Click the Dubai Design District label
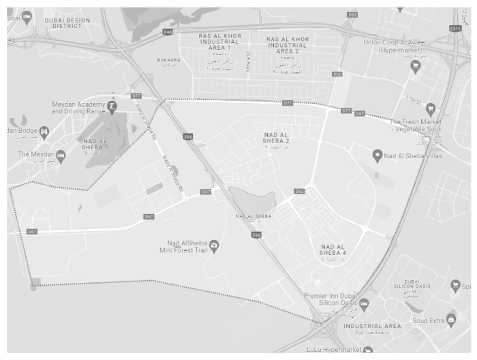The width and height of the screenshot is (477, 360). click(67, 23)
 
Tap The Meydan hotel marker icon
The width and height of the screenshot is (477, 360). click(61, 155)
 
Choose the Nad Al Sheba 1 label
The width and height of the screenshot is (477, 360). click(94, 146)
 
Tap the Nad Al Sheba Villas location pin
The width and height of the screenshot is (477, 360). click(377, 156)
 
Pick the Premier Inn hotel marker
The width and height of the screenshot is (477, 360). click(364, 303)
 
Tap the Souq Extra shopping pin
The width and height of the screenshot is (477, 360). click(451, 319)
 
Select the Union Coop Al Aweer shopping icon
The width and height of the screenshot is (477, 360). click(415, 65)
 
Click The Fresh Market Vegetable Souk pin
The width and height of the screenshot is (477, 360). click(431, 108)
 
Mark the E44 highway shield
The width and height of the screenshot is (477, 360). click(168, 31)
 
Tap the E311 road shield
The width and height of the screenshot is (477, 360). click(455, 28)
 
